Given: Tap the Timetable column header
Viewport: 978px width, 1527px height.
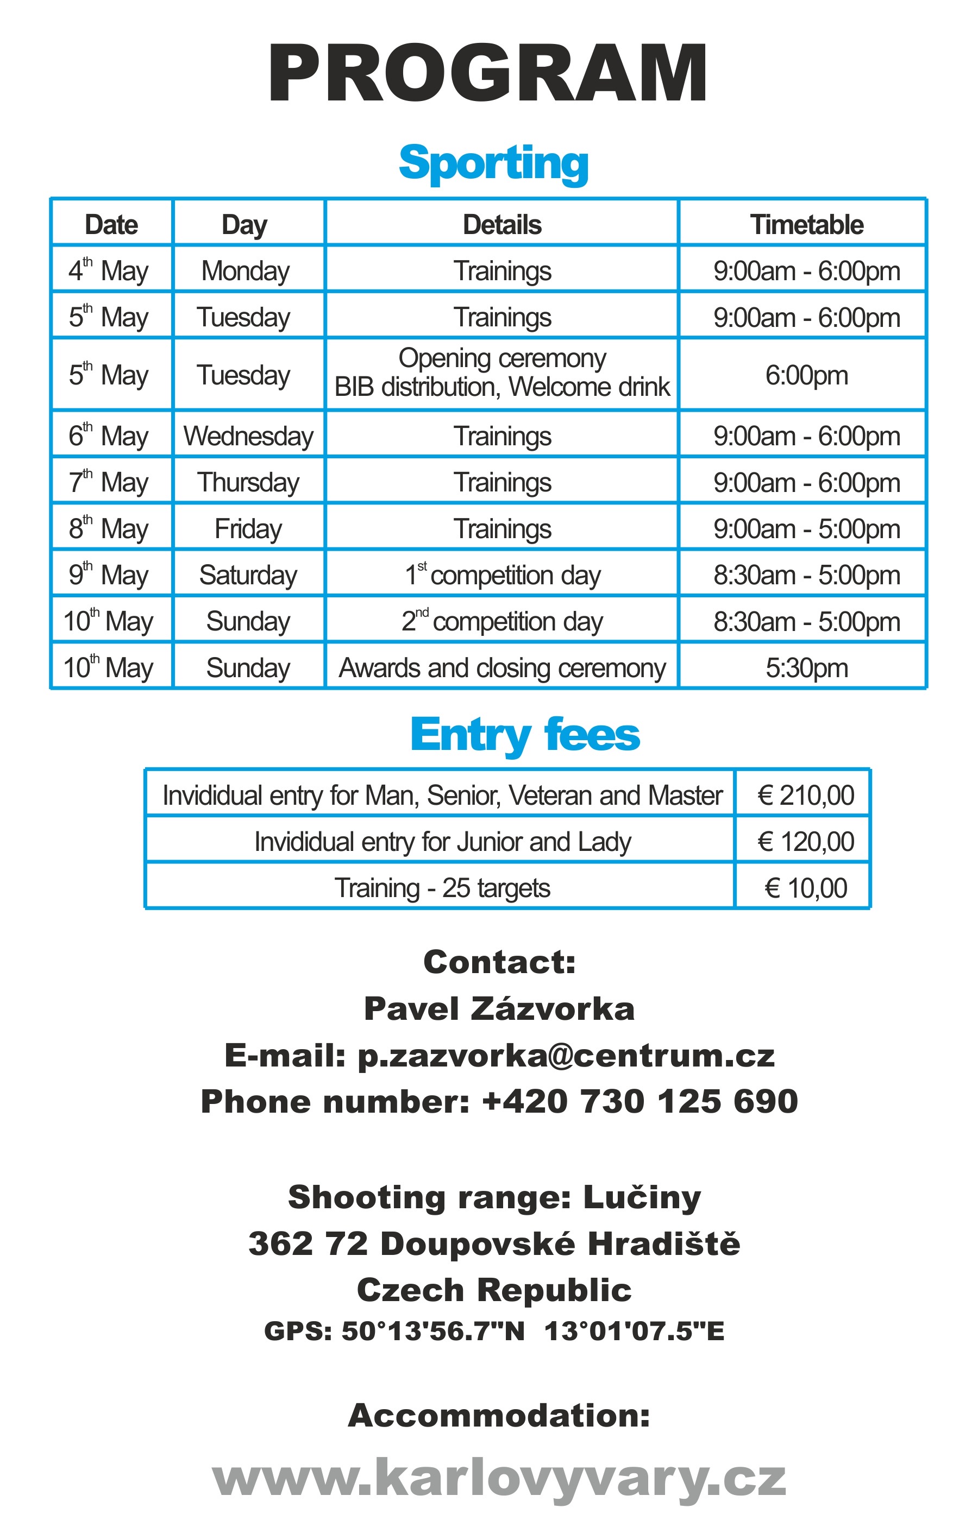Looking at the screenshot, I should pos(806,225).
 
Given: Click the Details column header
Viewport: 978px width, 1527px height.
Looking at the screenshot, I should pos(501,225).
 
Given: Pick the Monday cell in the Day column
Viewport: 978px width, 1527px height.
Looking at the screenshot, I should pos(245,271).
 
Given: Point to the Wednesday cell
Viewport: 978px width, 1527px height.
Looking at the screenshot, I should pos(248,436).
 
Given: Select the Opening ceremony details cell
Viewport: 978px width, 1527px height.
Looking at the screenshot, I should pos(501,373).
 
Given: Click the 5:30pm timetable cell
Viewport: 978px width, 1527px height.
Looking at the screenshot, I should pos(806,668).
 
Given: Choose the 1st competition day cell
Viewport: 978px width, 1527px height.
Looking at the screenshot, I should pos(501,575).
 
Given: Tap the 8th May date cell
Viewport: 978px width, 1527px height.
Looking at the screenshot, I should pos(109,529).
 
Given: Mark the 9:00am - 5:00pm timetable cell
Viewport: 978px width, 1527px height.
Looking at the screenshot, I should pos(806,529).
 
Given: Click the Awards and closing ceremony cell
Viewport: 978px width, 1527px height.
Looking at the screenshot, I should pos(501,668).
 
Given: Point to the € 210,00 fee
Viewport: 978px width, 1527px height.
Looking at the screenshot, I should pos(805,795).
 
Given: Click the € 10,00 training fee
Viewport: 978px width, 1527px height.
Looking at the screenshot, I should pos(805,888).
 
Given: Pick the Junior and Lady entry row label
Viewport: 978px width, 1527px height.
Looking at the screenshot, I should pos(443,842).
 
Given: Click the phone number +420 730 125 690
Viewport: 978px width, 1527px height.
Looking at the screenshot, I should pos(639,1101).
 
